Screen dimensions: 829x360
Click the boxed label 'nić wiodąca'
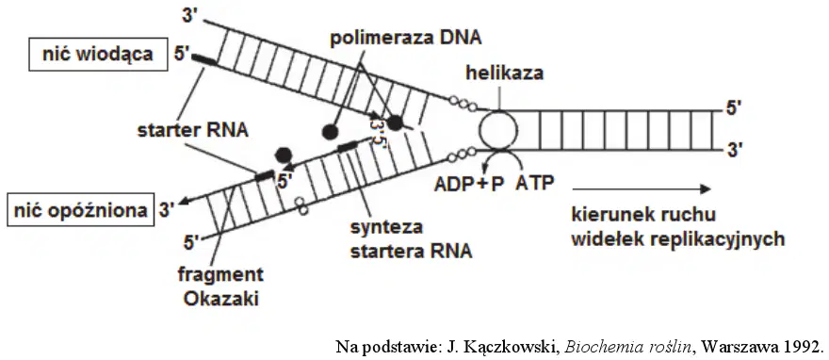(98, 55)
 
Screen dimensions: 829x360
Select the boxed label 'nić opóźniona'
(80, 210)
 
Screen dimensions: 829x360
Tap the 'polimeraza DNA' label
(405, 39)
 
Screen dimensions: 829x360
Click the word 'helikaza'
(504, 73)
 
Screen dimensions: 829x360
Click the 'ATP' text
(535, 183)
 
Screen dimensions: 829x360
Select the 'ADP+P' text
(469, 184)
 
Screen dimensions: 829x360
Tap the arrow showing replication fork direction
(641, 188)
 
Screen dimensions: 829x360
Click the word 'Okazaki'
(221, 299)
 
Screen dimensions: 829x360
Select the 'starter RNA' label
(193, 129)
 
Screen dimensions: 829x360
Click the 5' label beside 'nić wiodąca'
(181, 54)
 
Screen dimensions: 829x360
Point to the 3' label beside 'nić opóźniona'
(167, 210)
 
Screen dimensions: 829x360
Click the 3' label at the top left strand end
(188, 15)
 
